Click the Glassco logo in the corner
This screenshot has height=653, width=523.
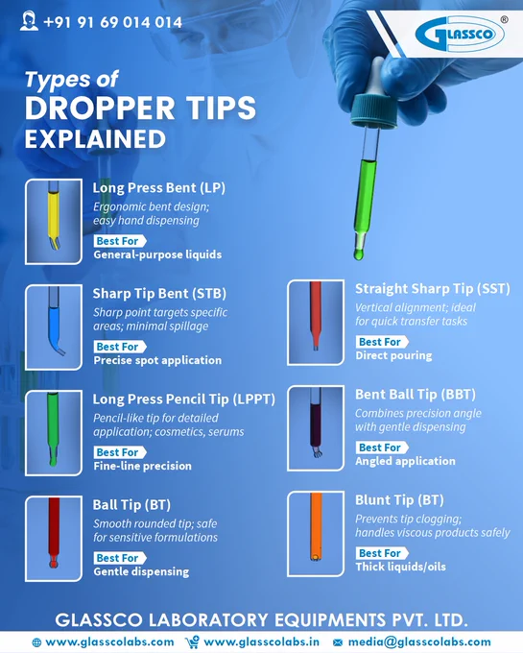[x=460, y=35]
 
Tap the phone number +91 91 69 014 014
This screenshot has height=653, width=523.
[x=112, y=22]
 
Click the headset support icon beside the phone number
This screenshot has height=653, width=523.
[x=29, y=21]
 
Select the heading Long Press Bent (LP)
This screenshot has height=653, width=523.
[x=159, y=188]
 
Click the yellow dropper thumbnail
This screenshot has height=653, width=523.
[x=54, y=222]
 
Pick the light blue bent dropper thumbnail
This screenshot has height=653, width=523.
[x=54, y=327]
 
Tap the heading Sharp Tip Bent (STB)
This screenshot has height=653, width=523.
[x=159, y=294]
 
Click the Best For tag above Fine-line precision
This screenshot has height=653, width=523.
[x=120, y=452]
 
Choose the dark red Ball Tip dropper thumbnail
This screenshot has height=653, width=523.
[x=54, y=539]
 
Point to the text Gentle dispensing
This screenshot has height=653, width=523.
[x=141, y=571]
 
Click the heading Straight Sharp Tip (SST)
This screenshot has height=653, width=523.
[x=432, y=289]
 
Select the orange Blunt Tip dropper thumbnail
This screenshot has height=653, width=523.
[x=316, y=534]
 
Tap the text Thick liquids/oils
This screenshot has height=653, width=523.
[x=401, y=567]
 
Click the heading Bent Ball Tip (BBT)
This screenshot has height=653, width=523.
[x=416, y=395]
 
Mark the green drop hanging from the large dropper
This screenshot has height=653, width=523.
[x=358, y=254]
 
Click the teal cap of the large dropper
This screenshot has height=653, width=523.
[x=371, y=110]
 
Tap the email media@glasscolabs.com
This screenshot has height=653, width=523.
[x=419, y=641]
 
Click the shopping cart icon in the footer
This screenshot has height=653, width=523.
[x=192, y=642]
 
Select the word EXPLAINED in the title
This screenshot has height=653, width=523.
[x=95, y=139]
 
